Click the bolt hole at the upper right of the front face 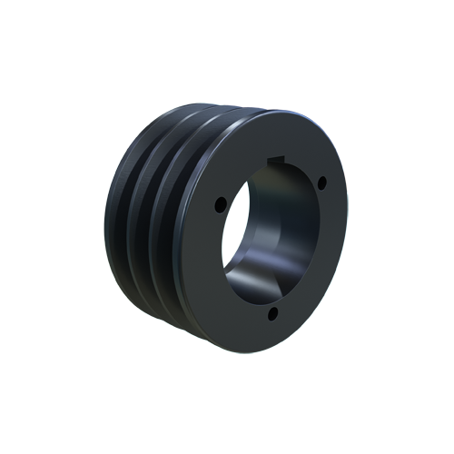(x=320, y=183)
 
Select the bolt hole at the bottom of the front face (x=272, y=314)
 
